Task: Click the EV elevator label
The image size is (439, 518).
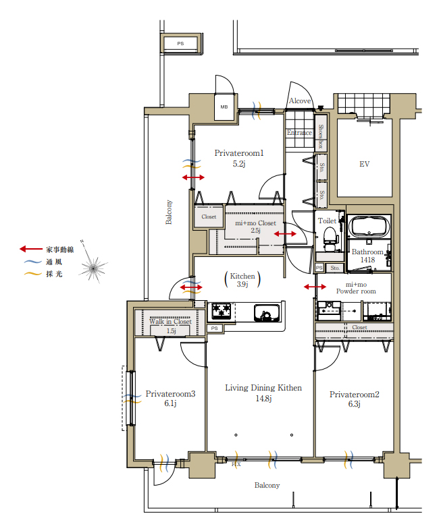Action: click(364, 164)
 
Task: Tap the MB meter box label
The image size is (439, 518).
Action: click(224, 107)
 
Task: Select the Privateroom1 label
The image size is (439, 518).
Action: click(239, 153)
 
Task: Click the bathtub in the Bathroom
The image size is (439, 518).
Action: click(369, 226)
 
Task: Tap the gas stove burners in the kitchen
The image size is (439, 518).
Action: click(222, 311)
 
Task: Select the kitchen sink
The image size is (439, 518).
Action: click(267, 313)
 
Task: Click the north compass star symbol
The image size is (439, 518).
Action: click(94, 268)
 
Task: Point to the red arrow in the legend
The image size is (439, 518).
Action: click(31, 249)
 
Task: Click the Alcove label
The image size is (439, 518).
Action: click(300, 100)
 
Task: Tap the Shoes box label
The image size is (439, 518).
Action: click(321, 136)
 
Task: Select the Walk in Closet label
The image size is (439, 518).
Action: click(170, 322)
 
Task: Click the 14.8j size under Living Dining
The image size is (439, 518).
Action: click(263, 399)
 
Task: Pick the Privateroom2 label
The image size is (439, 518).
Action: click(355, 394)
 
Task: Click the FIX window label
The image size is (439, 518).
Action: click(236, 464)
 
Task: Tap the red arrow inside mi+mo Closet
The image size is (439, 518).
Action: click(285, 234)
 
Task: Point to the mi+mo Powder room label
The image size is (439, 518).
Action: click(356, 288)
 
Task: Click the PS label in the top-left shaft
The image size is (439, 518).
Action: click(180, 43)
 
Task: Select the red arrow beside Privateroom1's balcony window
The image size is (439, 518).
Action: click(193, 177)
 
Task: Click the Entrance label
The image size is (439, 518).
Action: click(299, 132)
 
